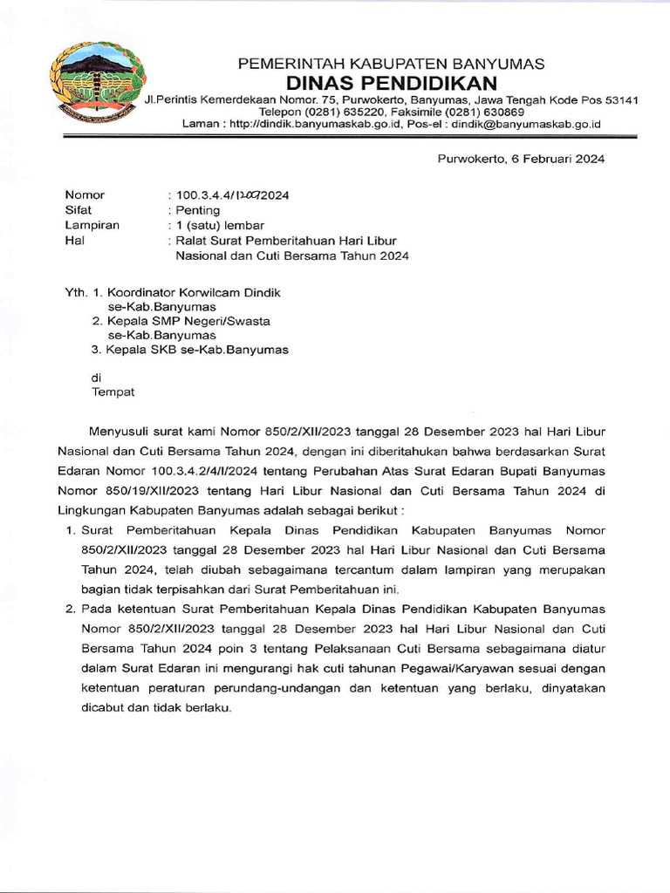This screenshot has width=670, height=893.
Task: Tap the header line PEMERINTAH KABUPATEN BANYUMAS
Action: point(392,64)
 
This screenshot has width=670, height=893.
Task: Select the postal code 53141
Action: point(619,100)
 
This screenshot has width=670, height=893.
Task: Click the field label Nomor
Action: point(85,195)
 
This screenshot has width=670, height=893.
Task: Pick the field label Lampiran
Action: point(91,225)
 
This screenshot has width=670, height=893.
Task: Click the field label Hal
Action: point(74,241)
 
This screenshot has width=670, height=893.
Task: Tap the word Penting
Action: point(198,210)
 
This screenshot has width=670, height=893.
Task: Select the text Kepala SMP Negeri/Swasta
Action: point(188,321)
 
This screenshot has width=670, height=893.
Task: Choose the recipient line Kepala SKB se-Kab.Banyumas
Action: point(196,350)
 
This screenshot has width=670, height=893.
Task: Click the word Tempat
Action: point(113,392)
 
